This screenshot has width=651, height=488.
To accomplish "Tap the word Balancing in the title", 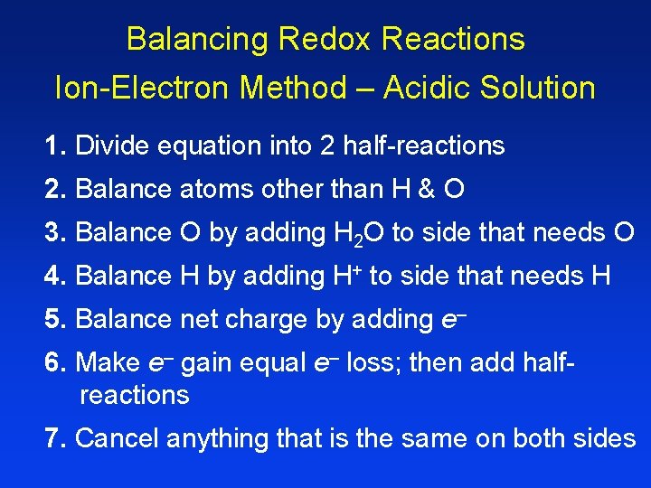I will (196, 39).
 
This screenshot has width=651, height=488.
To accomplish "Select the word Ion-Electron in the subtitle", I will (133, 88).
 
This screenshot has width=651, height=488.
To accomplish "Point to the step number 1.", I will (55, 145).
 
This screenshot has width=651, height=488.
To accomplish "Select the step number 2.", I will (55, 189).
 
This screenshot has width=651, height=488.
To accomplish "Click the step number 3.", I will (55, 232).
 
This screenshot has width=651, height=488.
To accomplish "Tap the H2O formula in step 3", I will (356, 233).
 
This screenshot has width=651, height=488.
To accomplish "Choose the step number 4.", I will (55, 276).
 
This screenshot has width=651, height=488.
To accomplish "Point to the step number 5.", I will (55, 319).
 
